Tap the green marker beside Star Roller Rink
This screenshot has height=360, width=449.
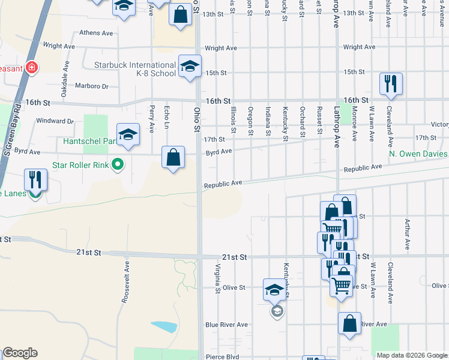(x=118, y=163)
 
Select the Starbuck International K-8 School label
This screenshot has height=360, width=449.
(x=134, y=69)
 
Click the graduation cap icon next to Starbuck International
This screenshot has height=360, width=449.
(x=189, y=65)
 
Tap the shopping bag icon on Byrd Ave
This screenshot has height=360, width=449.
(x=173, y=158)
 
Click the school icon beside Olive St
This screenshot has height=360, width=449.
(x=275, y=290)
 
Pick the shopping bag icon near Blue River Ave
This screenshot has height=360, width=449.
(x=349, y=323)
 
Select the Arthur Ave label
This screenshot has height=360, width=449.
(x=407, y=233)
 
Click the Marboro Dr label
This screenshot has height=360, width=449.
(x=91, y=86)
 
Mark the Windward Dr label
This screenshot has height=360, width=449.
(x=54, y=121)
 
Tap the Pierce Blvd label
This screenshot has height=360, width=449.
(x=223, y=357)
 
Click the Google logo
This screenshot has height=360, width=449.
(x=20, y=353)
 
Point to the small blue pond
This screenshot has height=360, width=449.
(x=164, y=327)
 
